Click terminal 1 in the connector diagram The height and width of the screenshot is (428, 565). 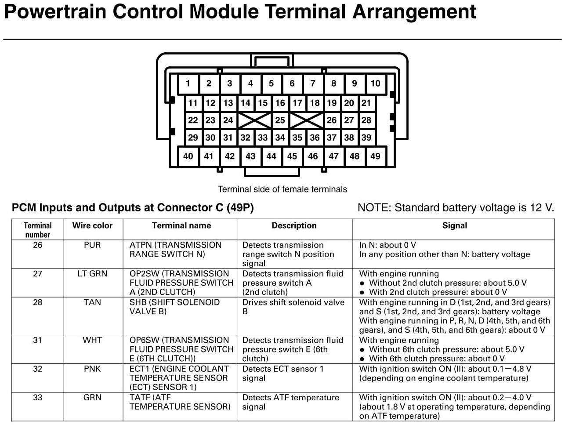(188, 83)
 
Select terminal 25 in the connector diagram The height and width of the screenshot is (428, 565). (280, 120)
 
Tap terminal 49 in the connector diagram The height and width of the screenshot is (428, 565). (375, 156)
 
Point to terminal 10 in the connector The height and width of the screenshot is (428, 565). (375, 83)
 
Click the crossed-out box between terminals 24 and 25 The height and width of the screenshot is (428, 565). (254, 120)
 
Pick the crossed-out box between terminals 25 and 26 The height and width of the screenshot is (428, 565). (306, 120)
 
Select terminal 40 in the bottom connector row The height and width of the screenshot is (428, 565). (188, 156)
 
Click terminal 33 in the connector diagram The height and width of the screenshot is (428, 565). (263, 138)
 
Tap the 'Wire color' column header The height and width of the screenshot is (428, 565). (92, 225)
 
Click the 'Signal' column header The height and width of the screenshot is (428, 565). (454, 225)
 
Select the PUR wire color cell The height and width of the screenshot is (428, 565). (92, 245)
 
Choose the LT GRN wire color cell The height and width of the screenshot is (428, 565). (92, 273)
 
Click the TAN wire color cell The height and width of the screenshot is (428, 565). (92, 302)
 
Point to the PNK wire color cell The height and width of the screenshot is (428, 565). (92, 369)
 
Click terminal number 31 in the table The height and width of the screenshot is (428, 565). (38, 340)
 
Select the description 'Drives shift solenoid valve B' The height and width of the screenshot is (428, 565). (293, 307)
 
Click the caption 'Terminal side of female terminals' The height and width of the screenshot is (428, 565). (282, 189)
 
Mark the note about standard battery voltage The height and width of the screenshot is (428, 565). (456, 208)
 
